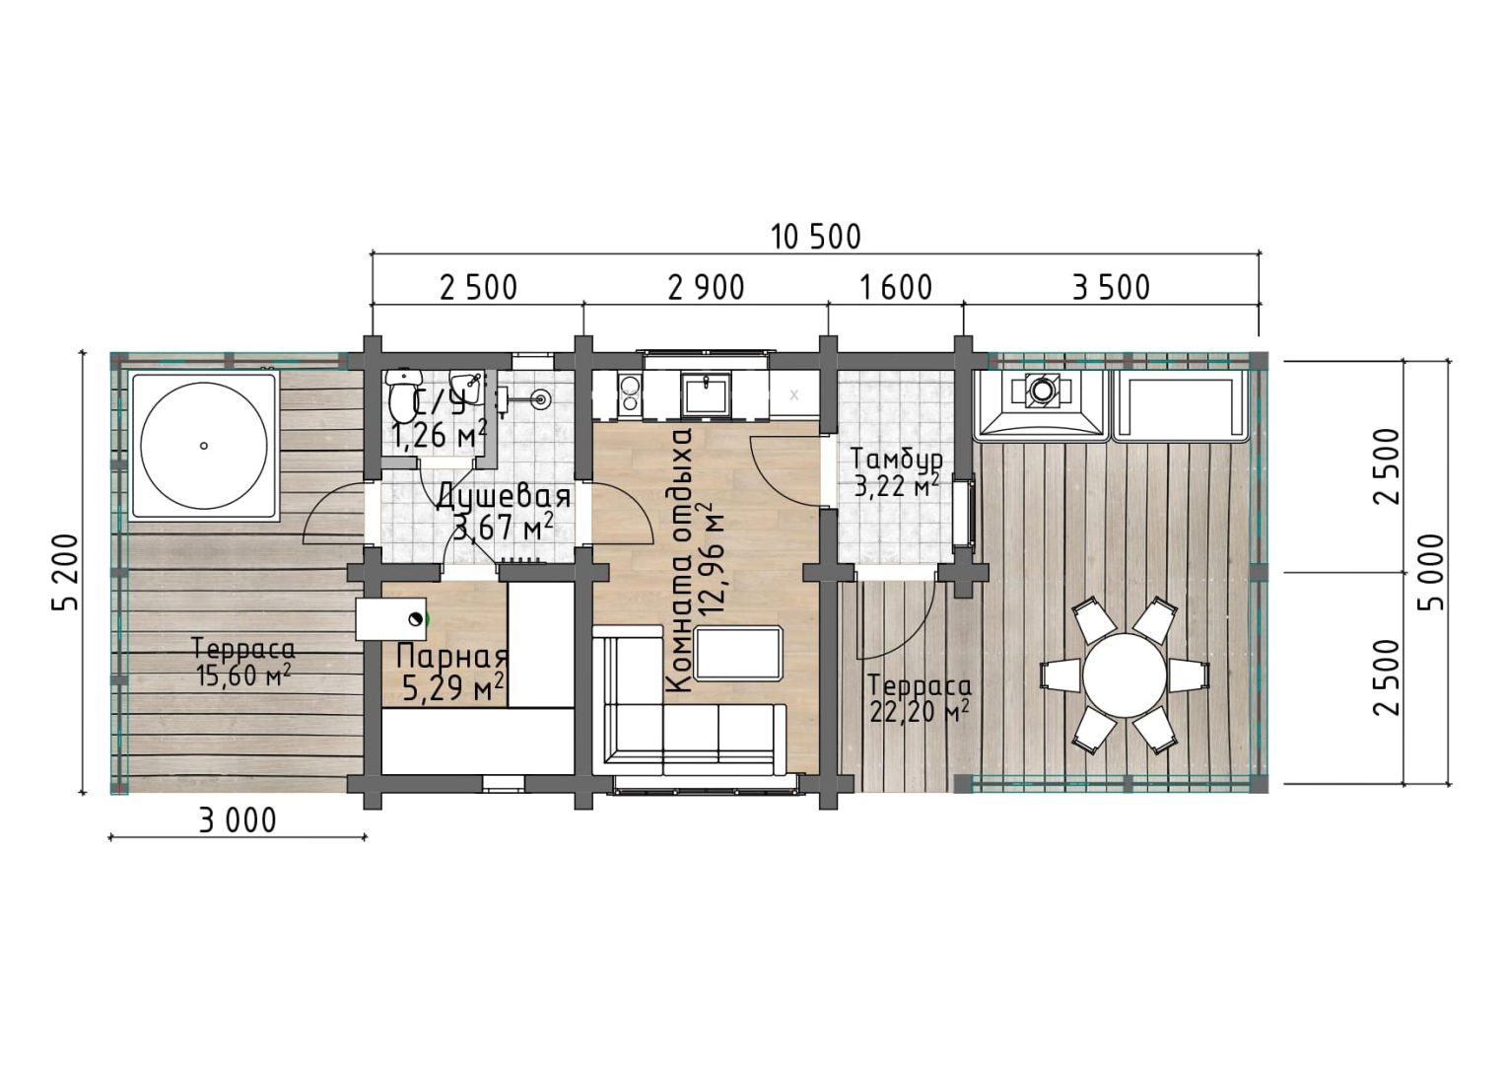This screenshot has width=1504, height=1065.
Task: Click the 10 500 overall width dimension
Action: pyautogui.click(x=815, y=238)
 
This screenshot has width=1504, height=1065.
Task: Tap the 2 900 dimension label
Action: pyautogui.click(x=707, y=288)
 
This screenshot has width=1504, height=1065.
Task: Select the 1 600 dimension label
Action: pyautogui.click(x=896, y=288)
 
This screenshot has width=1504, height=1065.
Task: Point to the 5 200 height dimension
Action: pyautogui.click(x=66, y=573)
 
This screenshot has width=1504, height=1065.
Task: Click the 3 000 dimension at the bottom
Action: pyautogui.click(x=238, y=821)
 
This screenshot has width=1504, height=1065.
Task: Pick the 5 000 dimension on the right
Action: pyautogui.click(x=1430, y=573)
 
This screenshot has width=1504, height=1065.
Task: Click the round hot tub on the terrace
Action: pyautogui.click(x=204, y=446)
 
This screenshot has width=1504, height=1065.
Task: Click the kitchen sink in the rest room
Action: pyautogui.click(x=706, y=393)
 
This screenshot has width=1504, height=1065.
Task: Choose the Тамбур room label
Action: pyautogui.click(x=897, y=460)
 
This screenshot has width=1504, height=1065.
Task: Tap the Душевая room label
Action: pyautogui.click(x=504, y=498)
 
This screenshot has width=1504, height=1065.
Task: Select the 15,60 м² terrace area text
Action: pyautogui.click(x=243, y=675)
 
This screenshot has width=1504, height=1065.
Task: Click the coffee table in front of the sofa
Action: pyautogui.click(x=739, y=653)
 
